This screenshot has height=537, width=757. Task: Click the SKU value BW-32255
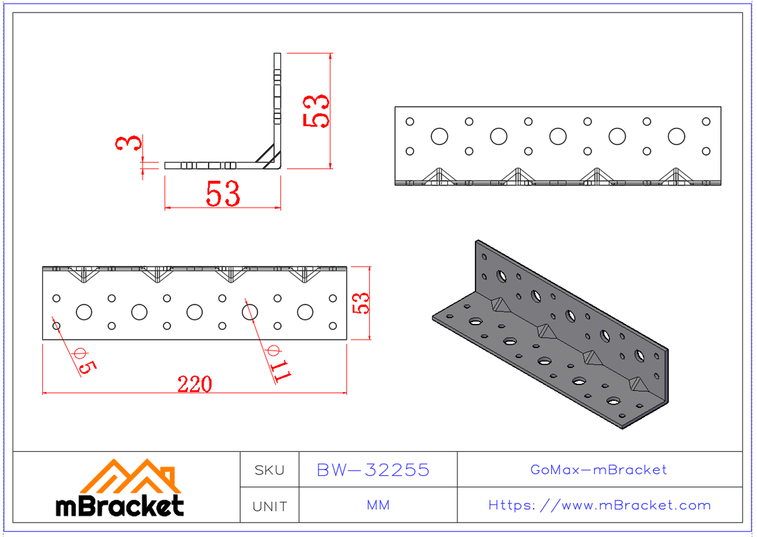[x=373, y=470]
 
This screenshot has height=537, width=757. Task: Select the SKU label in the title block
[x=269, y=470]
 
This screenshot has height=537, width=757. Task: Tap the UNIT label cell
[x=269, y=506]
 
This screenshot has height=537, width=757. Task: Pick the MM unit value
[x=378, y=505]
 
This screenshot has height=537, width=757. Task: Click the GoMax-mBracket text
[x=599, y=470]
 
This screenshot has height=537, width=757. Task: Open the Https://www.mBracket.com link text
[x=599, y=505]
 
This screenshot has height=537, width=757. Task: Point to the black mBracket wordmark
[x=120, y=505]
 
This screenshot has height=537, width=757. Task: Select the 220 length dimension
[x=194, y=384]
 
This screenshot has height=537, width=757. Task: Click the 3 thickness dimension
[x=128, y=144]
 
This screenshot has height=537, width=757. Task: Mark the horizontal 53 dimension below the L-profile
[x=223, y=194]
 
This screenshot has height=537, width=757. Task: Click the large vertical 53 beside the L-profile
[x=316, y=111]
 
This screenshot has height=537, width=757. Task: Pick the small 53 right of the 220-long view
[x=361, y=303]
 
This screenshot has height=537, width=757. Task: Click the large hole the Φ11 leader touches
[x=250, y=311]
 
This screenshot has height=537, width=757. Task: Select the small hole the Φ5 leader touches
[x=56, y=325]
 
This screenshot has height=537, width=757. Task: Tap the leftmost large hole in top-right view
[x=439, y=136]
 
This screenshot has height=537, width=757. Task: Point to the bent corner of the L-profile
[x=278, y=165]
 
